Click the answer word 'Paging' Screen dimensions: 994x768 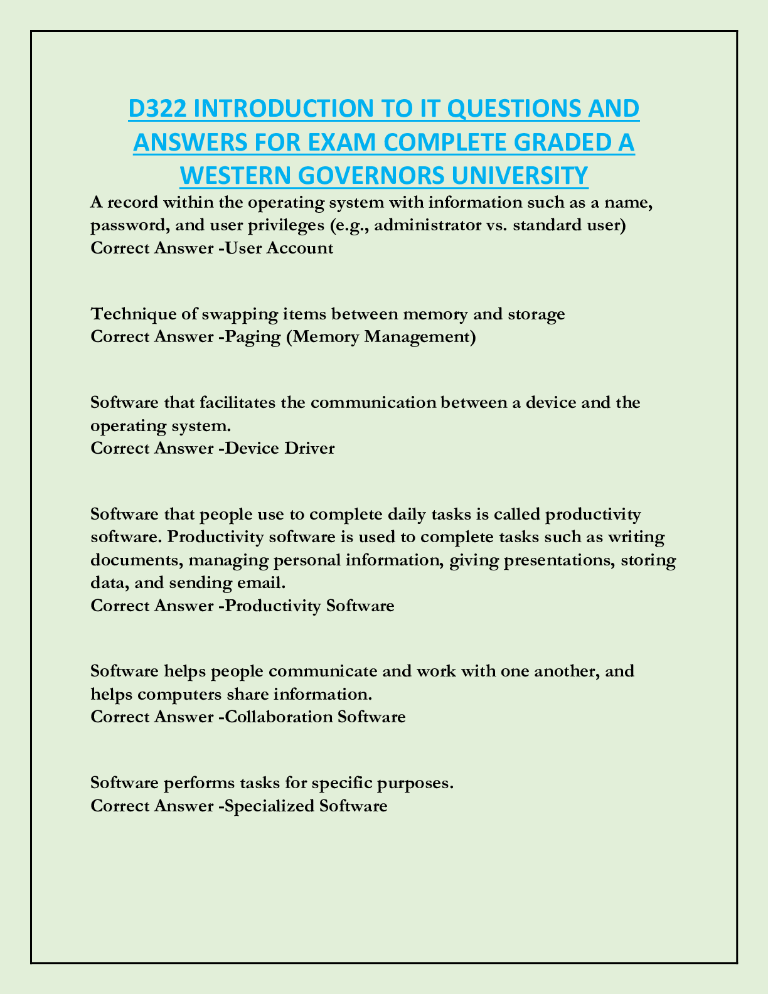253,337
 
